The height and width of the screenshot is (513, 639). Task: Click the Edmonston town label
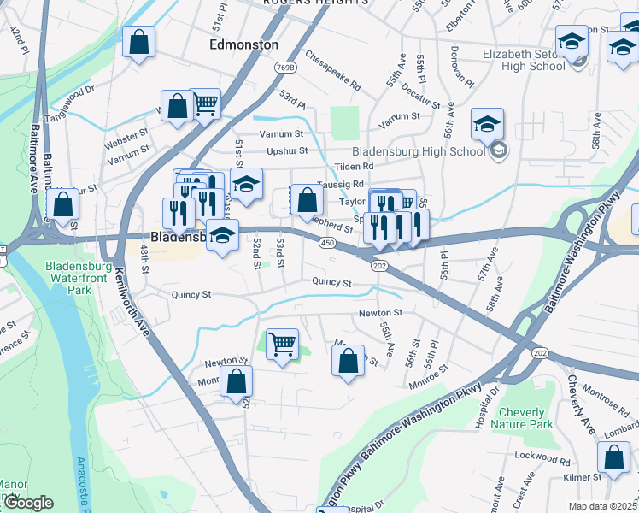[x=243, y=44]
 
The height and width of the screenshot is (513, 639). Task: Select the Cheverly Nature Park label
[x=521, y=418]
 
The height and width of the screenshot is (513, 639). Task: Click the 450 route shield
[x=328, y=244]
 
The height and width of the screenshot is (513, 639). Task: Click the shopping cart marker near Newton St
[x=282, y=344]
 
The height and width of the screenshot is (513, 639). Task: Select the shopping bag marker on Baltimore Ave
[x=62, y=204]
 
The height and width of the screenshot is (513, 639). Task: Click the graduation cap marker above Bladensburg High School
[x=487, y=124]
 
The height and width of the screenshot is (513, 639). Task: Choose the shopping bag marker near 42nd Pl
[x=138, y=42]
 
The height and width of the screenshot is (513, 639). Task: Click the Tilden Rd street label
[x=355, y=166]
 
